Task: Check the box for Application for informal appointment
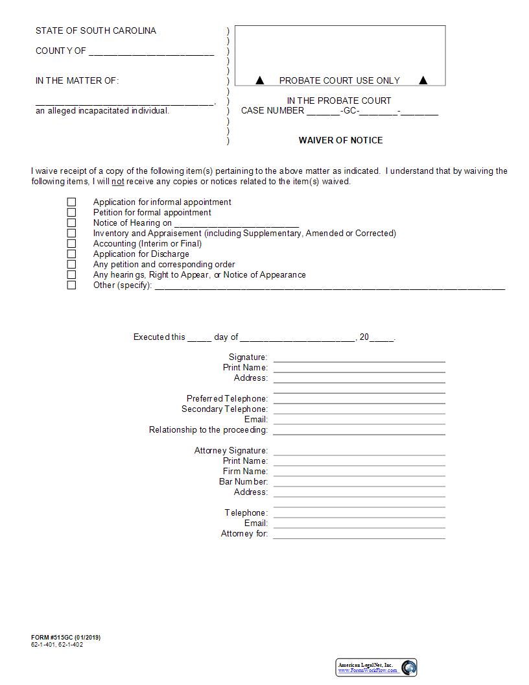click(71, 202)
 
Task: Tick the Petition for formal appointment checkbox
click(71, 213)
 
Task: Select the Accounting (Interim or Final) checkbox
click(71, 244)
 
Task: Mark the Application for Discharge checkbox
click(71, 254)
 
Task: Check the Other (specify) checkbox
click(71, 285)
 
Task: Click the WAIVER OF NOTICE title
click(340, 140)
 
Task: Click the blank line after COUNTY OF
click(151, 52)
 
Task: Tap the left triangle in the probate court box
click(260, 80)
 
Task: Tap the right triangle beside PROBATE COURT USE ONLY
click(423, 80)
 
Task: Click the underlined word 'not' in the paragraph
click(117, 182)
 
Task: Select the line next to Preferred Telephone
click(359, 399)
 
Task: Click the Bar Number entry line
click(359, 482)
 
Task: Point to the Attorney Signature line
click(359, 451)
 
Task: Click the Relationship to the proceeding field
click(359, 430)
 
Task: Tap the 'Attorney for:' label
click(244, 534)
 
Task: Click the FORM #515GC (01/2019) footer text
click(65, 638)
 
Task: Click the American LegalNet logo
click(376, 667)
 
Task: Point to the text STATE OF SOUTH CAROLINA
click(96, 30)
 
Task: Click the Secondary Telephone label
click(224, 409)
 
